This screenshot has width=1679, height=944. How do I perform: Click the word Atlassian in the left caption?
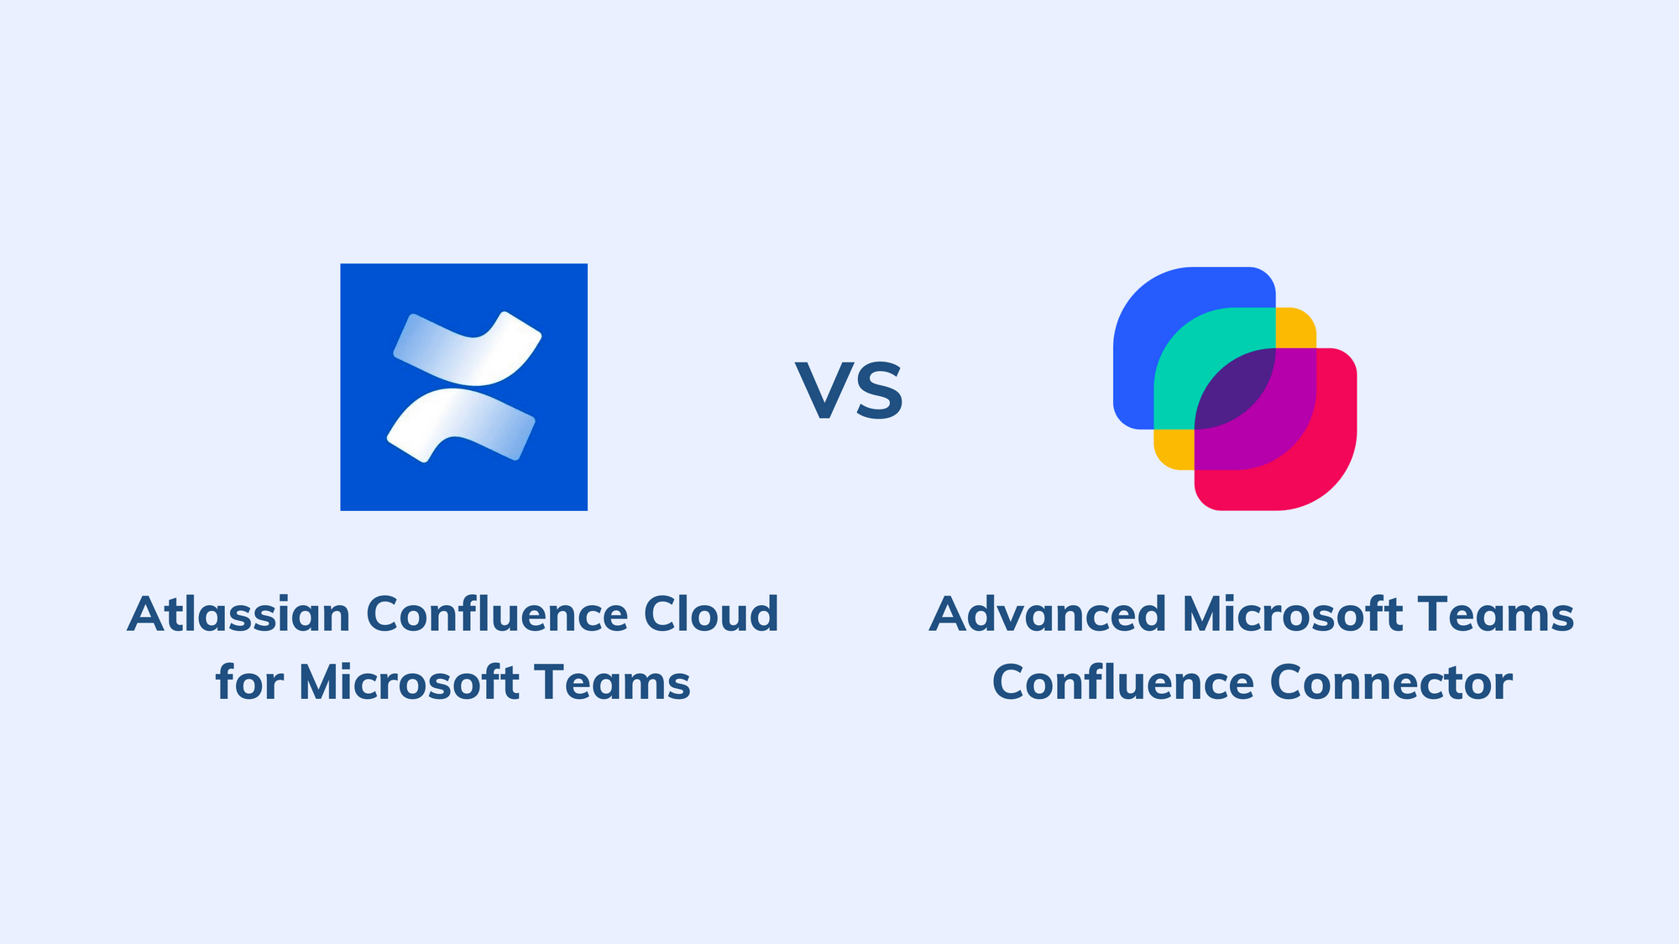coord(238,614)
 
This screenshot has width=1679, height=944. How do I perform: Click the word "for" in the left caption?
coord(249,682)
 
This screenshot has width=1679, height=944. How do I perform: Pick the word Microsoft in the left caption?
coord(409,682)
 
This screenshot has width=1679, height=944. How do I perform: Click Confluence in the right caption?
coord(1123,682)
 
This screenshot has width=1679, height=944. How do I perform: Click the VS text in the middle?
coord(850,391)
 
